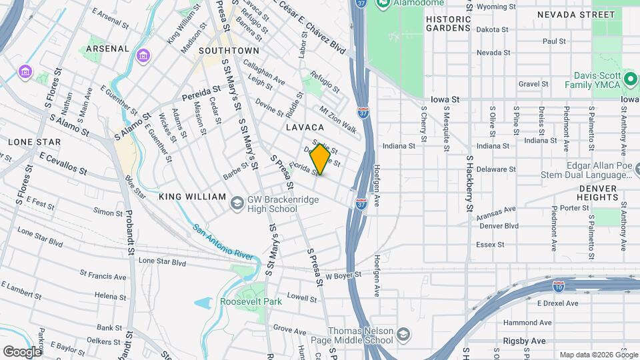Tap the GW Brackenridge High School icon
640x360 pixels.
(237, 202)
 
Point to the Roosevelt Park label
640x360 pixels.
(251, 301)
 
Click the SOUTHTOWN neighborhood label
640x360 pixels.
(229, 50)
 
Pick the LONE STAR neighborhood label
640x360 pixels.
(34, 142)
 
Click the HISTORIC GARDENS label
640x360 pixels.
(448, 24)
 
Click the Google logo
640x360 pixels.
(22, 351)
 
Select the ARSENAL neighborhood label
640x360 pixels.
(107, 49)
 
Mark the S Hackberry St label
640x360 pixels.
(469, 185)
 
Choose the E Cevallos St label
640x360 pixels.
(63, 163)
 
